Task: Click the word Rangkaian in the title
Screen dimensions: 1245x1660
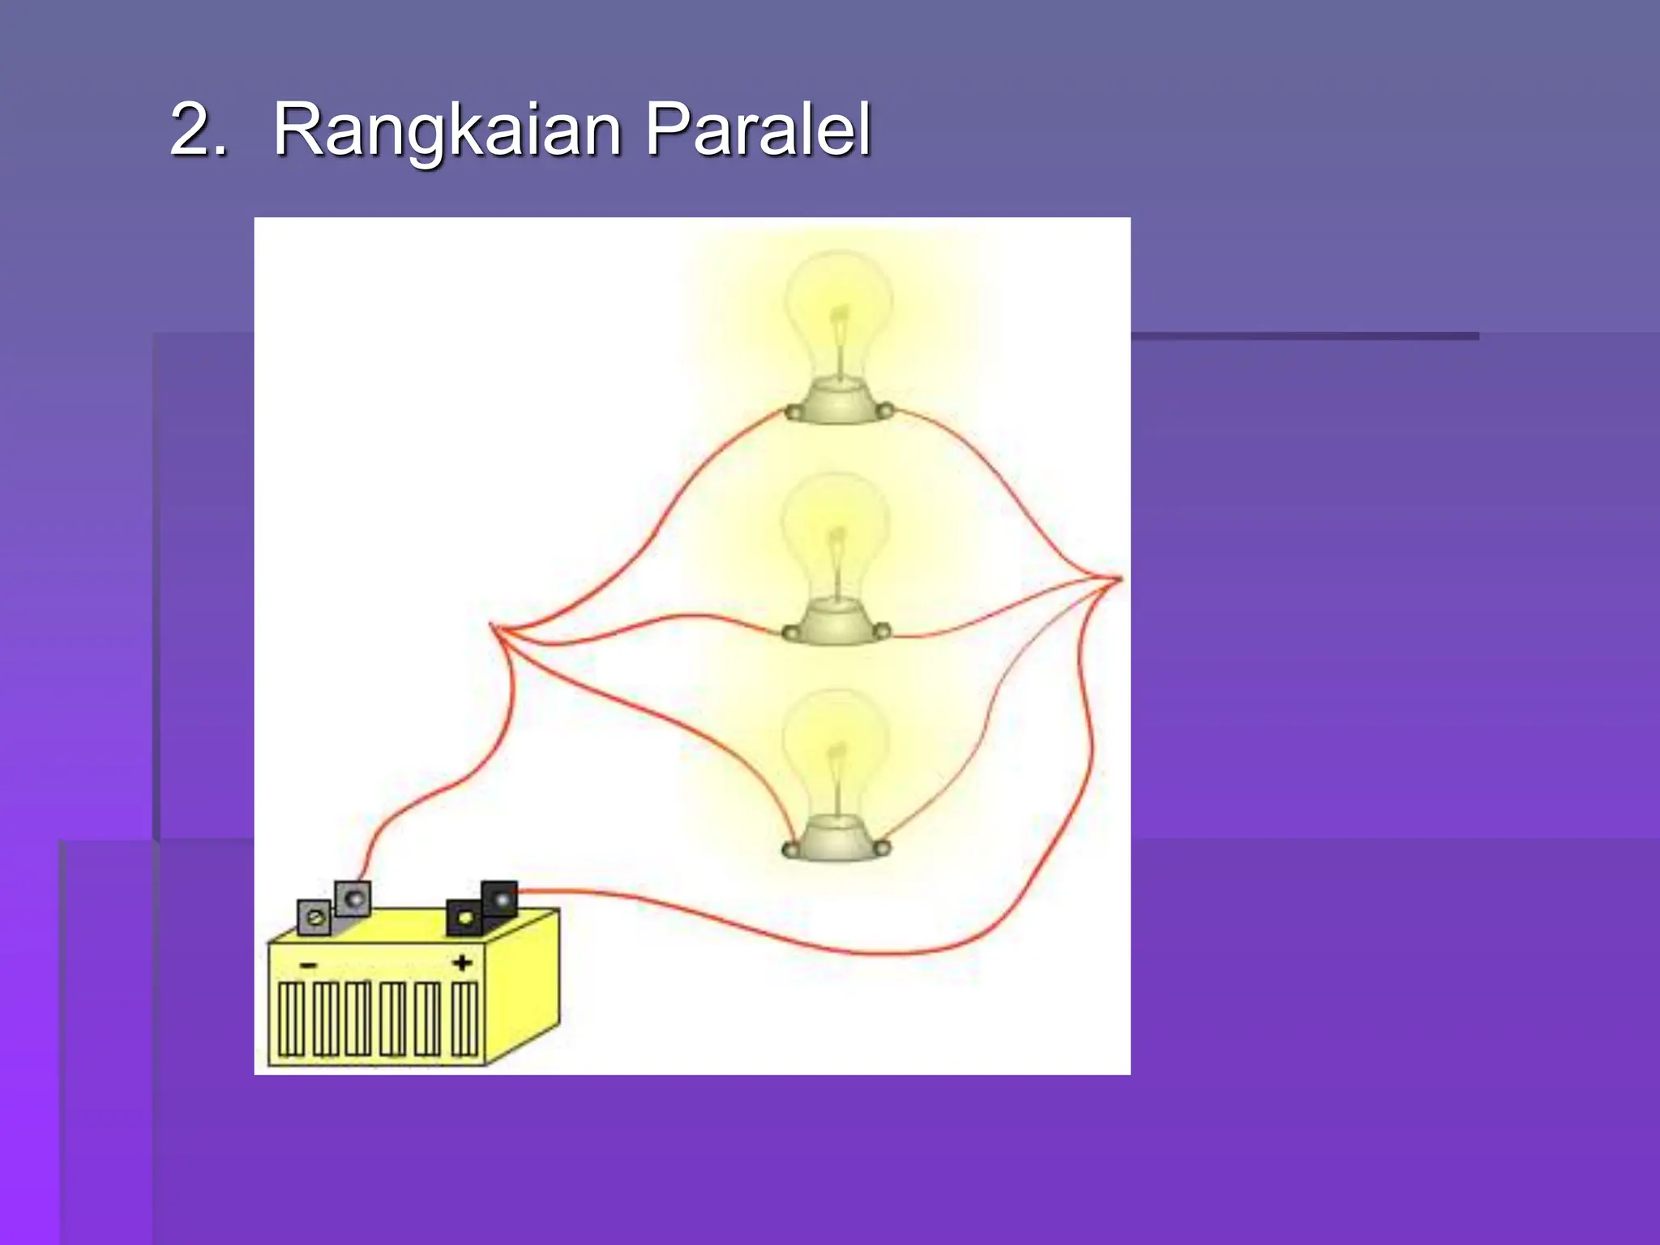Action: tap(446, 130)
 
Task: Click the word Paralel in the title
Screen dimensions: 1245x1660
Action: tap(758, 130)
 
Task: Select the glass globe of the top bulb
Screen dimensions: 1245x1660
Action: tap(839, 308)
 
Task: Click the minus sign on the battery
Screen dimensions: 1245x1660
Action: tap(309, 965)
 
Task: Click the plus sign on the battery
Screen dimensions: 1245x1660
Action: tap(462, 963)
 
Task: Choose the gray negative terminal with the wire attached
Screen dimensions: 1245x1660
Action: tap(353, 898)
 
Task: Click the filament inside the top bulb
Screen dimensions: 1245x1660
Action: tap(840, 324)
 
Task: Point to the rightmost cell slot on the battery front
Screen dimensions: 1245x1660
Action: tap(464, 1019)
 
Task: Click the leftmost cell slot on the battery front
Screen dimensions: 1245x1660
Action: tap(291, 1019)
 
